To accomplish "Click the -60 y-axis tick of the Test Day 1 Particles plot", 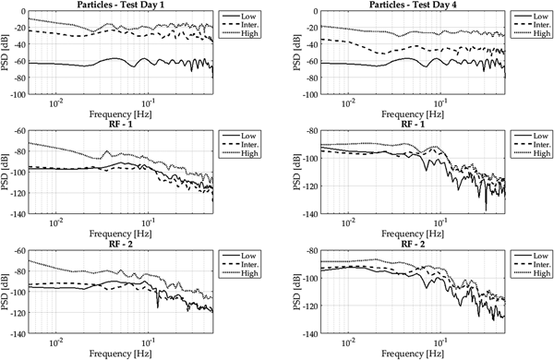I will coord(18,62).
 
